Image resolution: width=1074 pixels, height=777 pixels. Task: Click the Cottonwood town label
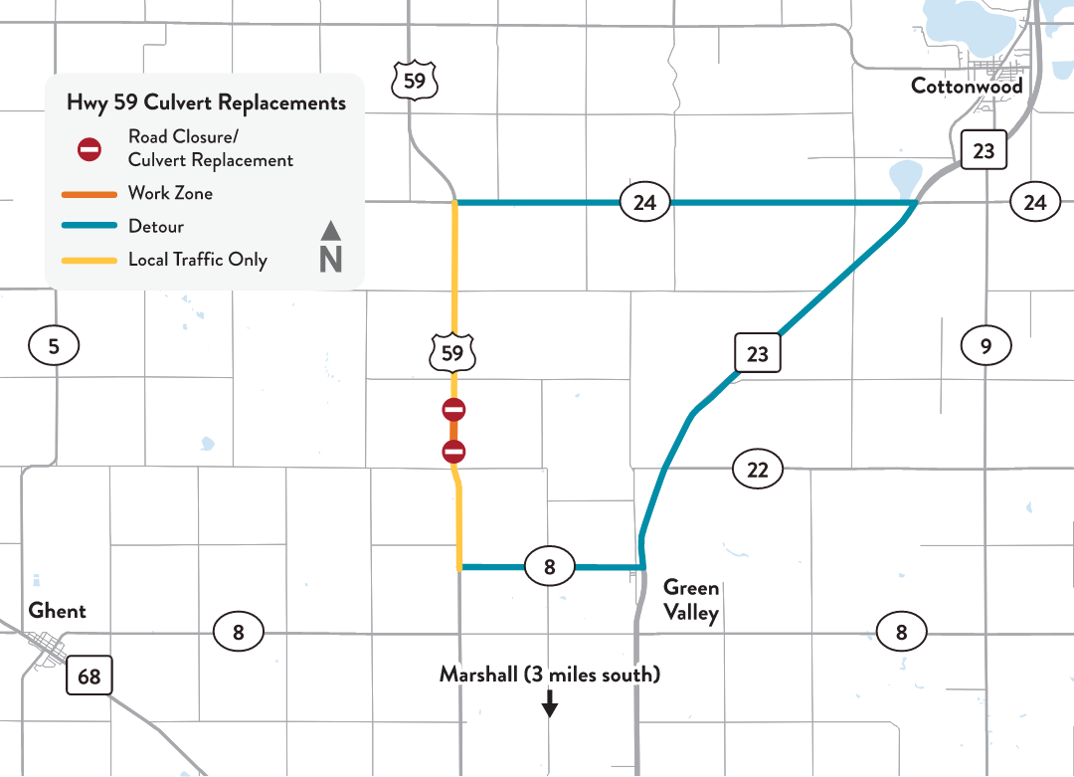[x=967, y=87]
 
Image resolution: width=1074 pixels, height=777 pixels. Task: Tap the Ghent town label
[x=58, y=610]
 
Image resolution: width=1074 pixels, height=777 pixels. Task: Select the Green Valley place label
[x=691, y=600]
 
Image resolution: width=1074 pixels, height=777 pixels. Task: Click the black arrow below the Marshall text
[x=549, y=705]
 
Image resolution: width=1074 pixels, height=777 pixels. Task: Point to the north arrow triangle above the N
[x=331, y=231]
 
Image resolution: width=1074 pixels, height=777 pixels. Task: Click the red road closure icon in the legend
[x=89, y=149]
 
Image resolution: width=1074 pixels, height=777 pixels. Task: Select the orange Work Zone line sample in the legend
[x=89, y=193]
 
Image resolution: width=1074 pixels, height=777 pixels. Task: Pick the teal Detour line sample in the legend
[x=89, y=227]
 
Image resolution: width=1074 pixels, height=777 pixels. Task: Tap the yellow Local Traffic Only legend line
[x=89, y=261]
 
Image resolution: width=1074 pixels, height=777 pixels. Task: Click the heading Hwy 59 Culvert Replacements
[x=206, y=102]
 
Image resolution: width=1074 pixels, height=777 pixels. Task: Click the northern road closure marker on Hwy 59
[x=453, y=409]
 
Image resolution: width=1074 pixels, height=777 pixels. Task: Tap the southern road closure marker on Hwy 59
[x=453, y=453]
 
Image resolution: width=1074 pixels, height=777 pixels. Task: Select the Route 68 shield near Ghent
[x=89, y=677]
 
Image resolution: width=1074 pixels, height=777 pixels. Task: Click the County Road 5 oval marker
[x=54, y=346]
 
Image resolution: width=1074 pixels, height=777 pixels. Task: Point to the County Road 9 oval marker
[x=985, y=346]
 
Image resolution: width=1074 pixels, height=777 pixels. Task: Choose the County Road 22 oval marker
[x=758, y=470]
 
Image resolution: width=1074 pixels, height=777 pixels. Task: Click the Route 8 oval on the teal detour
[x=549, y=568]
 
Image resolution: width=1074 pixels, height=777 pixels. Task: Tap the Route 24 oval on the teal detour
[x=644, y=203]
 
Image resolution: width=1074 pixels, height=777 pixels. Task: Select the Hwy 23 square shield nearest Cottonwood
[x=984, y=151]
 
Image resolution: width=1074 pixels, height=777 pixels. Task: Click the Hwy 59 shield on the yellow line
[x=452, y=352]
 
